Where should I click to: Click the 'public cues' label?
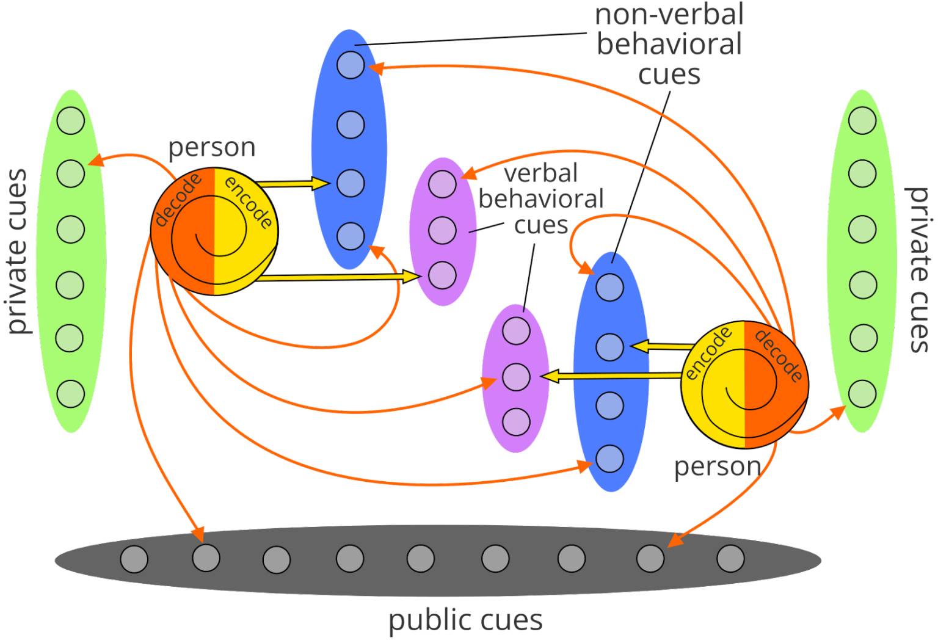click(x=466, y=620)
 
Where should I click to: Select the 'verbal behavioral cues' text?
click(x=541, y=199)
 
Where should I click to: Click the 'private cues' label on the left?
click(x=18, y=252)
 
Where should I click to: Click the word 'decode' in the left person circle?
click(x=178, y=200)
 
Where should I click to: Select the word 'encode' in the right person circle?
click(x=708, y=353)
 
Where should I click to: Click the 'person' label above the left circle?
click(x=212, y=148)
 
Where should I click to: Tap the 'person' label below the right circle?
click(x=717, y=467)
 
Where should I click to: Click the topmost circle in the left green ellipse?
click(x=71, y=120)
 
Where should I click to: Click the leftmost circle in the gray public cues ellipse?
click(x=134, y=559)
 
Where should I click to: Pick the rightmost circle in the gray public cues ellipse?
click(x=730, y=558)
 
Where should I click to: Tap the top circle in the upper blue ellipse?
click(x=351, y=65)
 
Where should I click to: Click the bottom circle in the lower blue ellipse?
click(x=609, y=459)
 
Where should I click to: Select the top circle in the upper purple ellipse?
click(x=442, y=184)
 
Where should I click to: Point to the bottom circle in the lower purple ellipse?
click(x=516, y=422)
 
